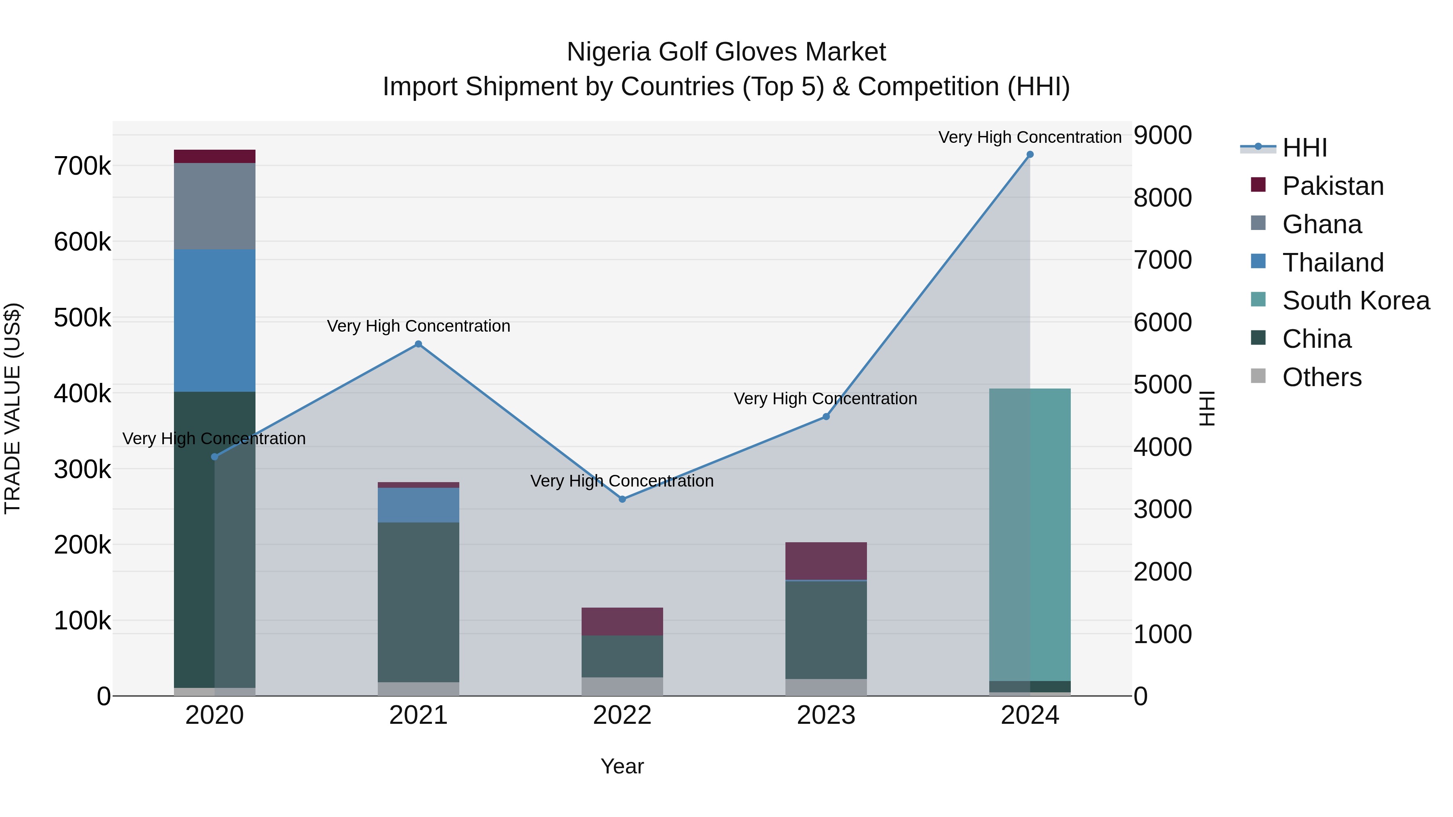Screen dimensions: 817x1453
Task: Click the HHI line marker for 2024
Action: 1030,155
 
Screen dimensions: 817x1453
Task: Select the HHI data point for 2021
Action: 419,344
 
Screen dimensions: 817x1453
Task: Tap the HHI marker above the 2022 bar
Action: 622,499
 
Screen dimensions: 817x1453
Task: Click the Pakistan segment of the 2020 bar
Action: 214,156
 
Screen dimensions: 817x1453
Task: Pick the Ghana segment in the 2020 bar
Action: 214,206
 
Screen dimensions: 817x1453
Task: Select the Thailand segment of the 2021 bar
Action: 419,505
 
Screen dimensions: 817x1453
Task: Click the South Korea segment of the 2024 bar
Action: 1030,535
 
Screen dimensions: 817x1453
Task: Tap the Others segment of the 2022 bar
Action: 622,686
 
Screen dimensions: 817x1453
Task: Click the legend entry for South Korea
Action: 1355,301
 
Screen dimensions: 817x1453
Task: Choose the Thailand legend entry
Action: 1333,263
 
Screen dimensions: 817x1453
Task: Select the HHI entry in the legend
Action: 1304,148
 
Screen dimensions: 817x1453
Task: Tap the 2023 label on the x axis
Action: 826,715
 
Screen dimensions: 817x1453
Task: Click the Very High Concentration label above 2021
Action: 419,326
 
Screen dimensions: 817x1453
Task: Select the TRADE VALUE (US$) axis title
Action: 13,408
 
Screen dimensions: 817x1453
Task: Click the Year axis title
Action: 622,766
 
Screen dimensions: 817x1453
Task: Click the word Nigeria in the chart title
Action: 609,52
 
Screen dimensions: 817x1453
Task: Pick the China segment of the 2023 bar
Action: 826,629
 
